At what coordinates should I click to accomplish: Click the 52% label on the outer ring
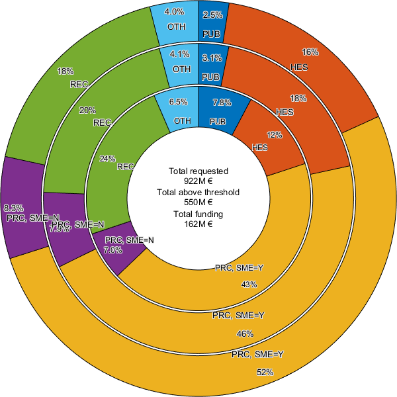[265, 373]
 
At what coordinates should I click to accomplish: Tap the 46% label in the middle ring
[245, 333]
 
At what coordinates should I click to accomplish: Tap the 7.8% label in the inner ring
[222, 102]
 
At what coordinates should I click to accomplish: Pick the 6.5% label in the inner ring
[179, 102]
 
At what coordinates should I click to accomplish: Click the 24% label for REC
[107, 159]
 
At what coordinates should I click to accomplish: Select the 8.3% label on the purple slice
[14, 207]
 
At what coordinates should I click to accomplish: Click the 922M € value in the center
[198, 180]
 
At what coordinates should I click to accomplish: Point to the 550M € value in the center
[198, 202]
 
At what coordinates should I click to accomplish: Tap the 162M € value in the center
[198, 224]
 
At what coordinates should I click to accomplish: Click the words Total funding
[198, 214]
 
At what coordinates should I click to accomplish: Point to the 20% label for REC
[87, 110]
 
